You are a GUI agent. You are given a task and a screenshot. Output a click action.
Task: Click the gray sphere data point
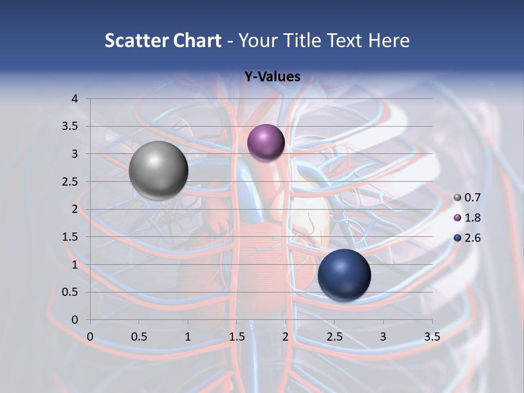click(x=158, y=170)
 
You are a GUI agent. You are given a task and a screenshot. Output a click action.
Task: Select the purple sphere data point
click(x=266, y=143)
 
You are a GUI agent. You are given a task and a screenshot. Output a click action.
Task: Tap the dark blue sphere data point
click(x=344, y=275)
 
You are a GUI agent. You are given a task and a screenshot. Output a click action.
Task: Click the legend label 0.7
click(x=472, y=198)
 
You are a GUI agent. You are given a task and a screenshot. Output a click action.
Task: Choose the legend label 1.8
click(x=472, y=218)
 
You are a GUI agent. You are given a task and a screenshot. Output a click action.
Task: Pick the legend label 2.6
click(x=472, y=238)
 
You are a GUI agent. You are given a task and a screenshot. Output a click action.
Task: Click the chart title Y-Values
click(x=272, y=77)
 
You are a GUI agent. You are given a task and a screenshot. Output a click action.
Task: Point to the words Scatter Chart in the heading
click(x=163, y=40)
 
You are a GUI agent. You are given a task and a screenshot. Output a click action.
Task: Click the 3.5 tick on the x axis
click(x=432, y=337)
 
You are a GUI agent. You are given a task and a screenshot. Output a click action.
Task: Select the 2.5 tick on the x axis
click(x=334, y=337)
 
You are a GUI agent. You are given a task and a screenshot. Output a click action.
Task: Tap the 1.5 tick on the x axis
click(x=236, y=337)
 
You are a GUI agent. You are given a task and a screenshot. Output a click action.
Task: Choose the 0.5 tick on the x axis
click(x=139, y=337)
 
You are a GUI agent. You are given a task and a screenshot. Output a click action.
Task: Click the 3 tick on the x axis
click(x=383, y=337)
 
